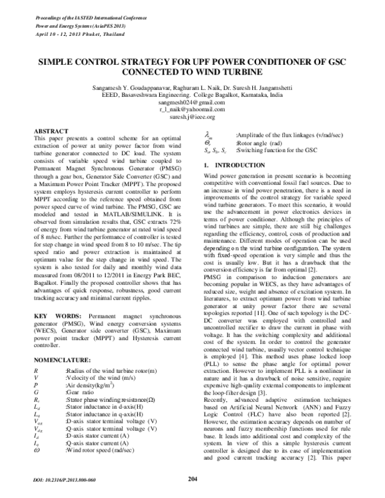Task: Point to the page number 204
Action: point(193,478)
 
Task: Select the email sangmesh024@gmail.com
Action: point(193,103)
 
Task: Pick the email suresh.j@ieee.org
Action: point(193,117)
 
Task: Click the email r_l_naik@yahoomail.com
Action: point(193,110)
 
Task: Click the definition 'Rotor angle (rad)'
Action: point(259,144)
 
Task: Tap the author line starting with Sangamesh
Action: point(193,87)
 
